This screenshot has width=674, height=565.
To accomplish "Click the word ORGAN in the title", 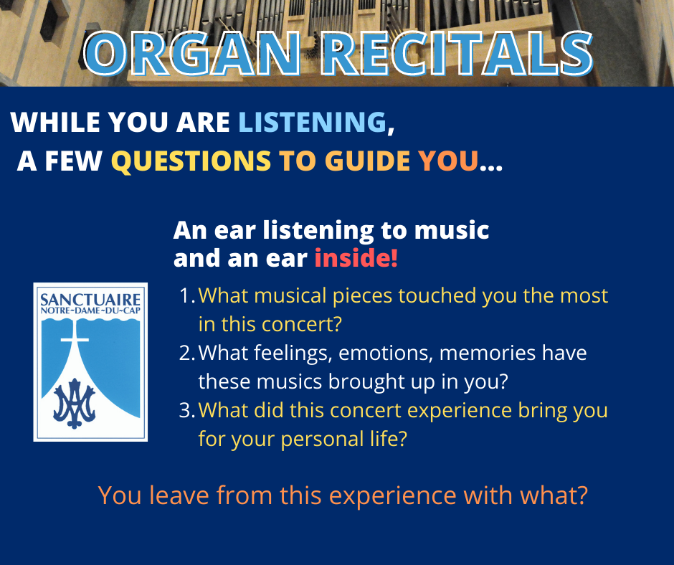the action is point(191,54).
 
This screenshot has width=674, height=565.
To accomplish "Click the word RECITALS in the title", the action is point(457,54).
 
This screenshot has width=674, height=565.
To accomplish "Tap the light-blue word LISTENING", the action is point(313,122).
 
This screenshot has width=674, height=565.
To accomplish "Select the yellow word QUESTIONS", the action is point(191,161).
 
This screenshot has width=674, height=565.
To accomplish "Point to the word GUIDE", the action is point(368,161).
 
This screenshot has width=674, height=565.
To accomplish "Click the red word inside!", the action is point(356,258).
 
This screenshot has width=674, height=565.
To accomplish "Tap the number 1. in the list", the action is point(187,296).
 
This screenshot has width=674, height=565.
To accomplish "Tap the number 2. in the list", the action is point(187,353).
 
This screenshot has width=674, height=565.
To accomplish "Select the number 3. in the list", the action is point(187,410).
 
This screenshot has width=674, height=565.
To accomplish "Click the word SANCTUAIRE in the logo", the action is point(90,300).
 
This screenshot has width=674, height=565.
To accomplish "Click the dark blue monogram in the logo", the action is point(75,404).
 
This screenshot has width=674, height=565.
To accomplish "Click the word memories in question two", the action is point(487,353).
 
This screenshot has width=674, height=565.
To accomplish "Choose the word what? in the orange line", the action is point(554,495).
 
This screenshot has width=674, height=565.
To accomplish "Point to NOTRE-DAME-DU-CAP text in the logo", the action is point(90,311).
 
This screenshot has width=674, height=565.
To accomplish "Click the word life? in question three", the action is point(389,439).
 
